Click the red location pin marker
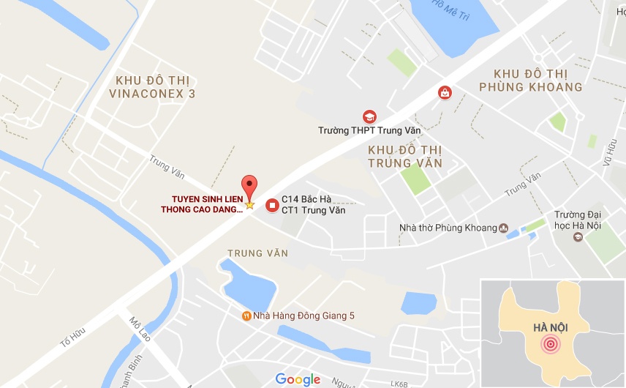point(249,186)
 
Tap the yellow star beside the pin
point(249,205)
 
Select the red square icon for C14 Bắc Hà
point(272,204)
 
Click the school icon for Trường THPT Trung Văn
point(369,116)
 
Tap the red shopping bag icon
point(444,92)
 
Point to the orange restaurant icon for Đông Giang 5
point(246,316)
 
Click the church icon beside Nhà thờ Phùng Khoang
point(503,228)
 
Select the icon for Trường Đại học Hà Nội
point(578,237)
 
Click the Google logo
point(298,378)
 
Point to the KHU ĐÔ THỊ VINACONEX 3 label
point(151,86)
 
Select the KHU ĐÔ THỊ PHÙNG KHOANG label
point(530,80)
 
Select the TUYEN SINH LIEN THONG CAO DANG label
point(202,204)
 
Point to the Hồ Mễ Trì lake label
point(448,7)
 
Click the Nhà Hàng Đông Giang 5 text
point(304,316)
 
